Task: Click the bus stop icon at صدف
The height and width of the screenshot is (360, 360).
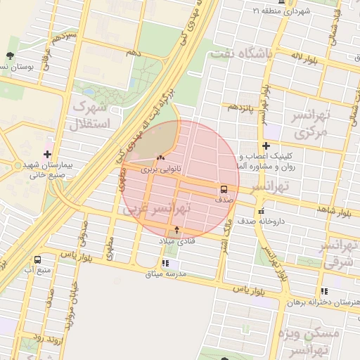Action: pyautogui.click(x=224, y=188)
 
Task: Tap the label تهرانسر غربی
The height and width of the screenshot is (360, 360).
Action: pyautogui.click(x=180, y=209)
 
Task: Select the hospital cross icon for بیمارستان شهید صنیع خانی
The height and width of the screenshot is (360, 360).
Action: pyautogui.click(x=48, y=154)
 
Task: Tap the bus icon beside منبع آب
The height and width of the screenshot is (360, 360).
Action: pyautogui.click(x=37, y=259)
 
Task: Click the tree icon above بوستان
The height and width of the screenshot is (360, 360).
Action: pyautogui.click(x=10, y=56)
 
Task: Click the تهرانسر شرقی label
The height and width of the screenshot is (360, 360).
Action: pyautogui.click(x=340, y=254)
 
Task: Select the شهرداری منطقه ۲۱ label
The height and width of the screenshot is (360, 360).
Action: pyautogui.click(x=281, y=11)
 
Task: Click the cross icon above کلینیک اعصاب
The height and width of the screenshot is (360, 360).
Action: pyautogui.click(x=266, y=146)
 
